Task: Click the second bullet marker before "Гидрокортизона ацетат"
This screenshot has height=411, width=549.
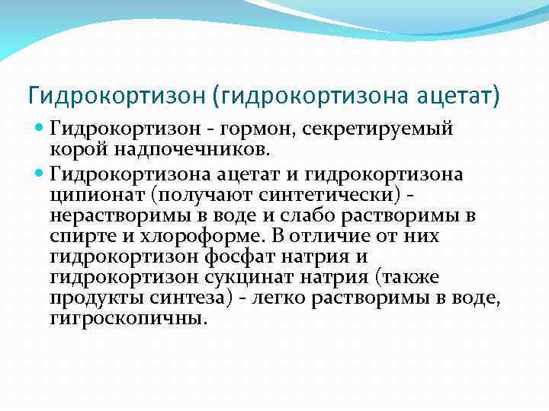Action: pyautogui.click(x=40, y=174)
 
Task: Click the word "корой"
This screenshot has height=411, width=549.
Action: pyautogui.click(x=74, y=151)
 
